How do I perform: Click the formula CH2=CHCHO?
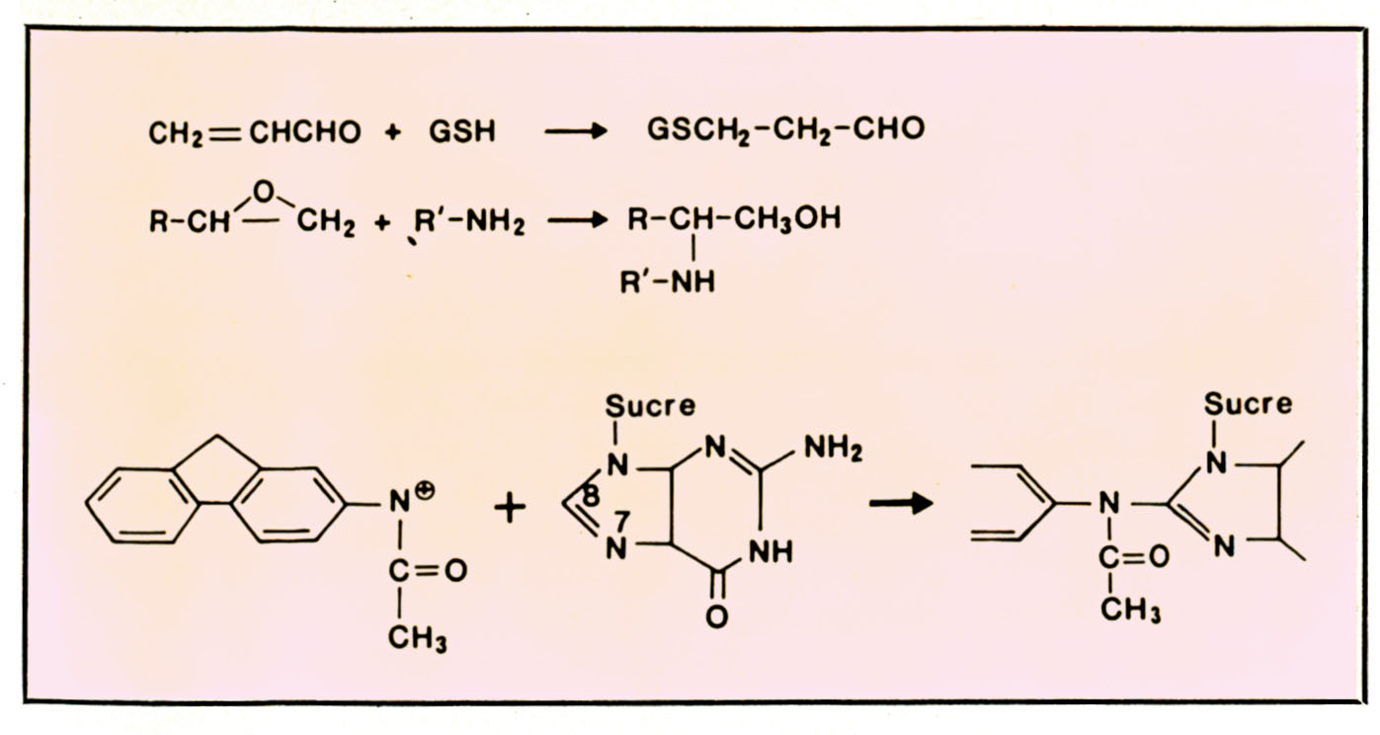255,132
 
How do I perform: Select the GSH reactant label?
462,132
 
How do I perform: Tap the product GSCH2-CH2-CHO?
785,130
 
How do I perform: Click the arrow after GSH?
575,132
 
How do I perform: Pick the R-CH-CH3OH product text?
734,218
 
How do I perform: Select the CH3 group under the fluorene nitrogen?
417,640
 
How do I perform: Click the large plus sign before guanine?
510,508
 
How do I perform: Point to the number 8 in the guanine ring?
591,496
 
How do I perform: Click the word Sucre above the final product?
1247,404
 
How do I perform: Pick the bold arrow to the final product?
902,504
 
